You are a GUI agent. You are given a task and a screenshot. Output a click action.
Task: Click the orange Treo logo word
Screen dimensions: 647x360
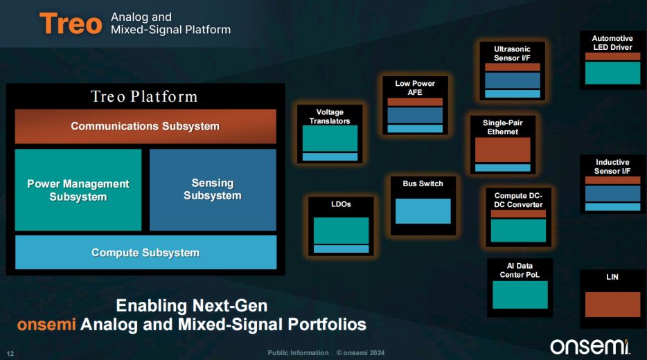click(x=71, y=24)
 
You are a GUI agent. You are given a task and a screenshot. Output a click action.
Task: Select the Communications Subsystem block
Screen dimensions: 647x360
click(x=145, y=126)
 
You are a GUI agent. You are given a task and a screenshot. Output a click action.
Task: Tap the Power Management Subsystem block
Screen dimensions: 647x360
click(x=78, y=190)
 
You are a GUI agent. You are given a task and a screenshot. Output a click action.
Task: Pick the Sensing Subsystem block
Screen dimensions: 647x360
click(x=213, y=190)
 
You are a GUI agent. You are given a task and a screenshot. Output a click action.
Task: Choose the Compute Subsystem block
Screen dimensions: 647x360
click(x=145, y=253)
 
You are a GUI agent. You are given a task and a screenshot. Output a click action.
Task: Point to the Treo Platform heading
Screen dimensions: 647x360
click(x=144, y=96)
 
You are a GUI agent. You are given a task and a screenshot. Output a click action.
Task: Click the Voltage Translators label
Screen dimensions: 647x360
click(x=330, y=116)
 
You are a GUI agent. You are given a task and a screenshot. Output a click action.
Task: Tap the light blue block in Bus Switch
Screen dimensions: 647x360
click(x=423, y=211)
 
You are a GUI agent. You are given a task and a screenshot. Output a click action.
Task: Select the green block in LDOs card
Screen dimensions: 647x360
click(x=342, y=230)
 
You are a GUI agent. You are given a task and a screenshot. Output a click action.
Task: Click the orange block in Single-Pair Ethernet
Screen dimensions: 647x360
click(x=503, y=150)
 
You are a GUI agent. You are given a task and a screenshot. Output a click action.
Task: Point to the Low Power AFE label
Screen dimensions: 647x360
click(x=415, y=88)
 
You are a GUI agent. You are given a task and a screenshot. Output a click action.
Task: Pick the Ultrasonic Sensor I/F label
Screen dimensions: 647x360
click(x=512, y=53)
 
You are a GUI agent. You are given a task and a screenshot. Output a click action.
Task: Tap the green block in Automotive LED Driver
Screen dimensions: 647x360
click(x=613, y=73)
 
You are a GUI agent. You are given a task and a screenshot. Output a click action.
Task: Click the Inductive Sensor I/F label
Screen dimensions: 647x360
click(x=612, y=167)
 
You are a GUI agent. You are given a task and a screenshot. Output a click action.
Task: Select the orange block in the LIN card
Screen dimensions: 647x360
click(x=613, y=305)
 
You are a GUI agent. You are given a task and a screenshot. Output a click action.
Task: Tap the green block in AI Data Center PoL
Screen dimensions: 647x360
click(x=520, y=294)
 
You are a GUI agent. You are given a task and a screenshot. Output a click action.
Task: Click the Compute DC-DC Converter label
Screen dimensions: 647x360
click(x=519, y=200)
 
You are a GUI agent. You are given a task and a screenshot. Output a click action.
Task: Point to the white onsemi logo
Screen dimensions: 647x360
click(x=590, y=346)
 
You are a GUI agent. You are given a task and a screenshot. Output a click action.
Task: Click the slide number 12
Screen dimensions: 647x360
click(x=10, y=353)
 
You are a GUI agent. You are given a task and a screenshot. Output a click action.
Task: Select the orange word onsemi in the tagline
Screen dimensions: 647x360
click(x=46, y=325)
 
